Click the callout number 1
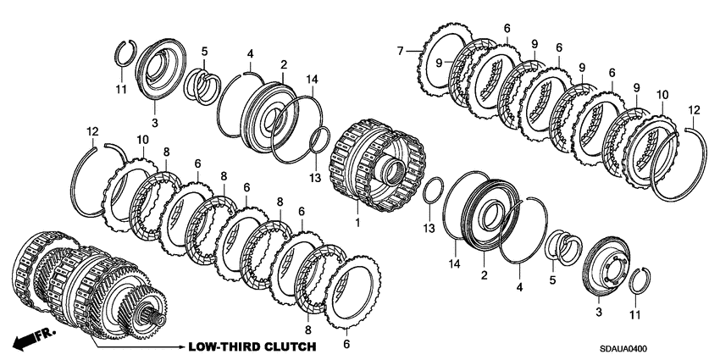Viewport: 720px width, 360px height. tap(357, 223)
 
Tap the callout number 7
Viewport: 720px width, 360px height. tap(400, 51)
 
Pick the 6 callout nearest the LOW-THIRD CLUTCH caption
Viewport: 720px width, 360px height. tap(346, 344)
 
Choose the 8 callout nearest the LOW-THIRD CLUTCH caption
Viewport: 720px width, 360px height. tap(307, 330)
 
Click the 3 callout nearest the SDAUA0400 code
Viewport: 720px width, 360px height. tap(599, 313)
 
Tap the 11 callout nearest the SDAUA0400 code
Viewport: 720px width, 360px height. tap(635, 314)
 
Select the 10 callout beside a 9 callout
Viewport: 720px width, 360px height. tap(662, 95)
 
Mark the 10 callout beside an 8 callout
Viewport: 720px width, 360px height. tap(142, 139)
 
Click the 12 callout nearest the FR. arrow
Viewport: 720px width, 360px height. tap(92, 131)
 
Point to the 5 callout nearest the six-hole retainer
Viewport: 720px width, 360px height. tap(552, 280)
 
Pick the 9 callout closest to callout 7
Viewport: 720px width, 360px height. tap(439, 63)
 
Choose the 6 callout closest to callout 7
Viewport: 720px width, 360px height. tap(507, 29)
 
